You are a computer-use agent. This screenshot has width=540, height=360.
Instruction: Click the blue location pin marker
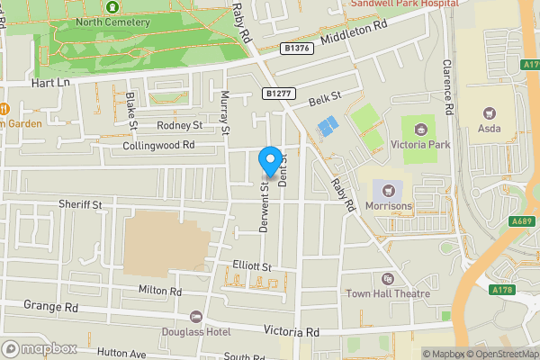coord(269,160)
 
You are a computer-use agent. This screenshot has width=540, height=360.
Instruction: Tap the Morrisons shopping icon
coord(390,190)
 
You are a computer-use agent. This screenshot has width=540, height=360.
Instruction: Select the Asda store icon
coord(490,113)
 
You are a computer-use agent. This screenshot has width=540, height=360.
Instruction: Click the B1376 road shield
coord(295,49)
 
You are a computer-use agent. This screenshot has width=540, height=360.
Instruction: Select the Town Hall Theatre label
coord(388,293)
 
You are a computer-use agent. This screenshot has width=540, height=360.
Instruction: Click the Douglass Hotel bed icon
coord(196,317)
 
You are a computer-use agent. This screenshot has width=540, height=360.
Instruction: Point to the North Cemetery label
coord(113,21)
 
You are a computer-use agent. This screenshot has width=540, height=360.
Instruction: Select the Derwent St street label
coord(265,209)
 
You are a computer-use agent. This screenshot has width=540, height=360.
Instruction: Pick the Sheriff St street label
coord(81,205)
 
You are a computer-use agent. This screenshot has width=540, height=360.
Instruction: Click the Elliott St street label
coord(251,266)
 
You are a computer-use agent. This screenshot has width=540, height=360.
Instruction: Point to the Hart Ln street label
coord(49,82)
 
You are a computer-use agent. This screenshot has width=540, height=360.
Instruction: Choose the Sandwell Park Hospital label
coord(404,4)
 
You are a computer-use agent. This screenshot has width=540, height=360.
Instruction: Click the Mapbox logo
coord(39,348)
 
